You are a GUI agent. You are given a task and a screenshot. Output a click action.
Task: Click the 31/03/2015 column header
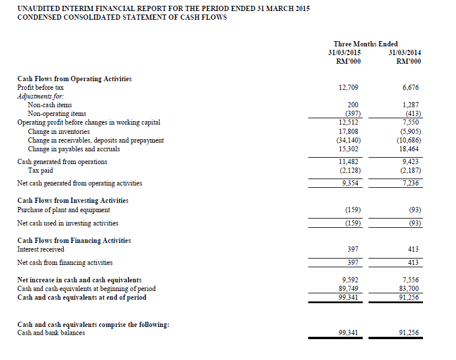pos(348,53)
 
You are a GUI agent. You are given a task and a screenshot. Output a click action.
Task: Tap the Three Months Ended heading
pos(366,44)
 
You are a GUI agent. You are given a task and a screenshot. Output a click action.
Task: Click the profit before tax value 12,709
pos(348,88)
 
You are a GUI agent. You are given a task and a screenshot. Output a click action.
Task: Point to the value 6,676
pos(410,88)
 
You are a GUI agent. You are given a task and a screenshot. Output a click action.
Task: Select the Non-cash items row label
pos(50,105)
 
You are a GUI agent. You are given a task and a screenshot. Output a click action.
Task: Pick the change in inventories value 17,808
pos(348,131)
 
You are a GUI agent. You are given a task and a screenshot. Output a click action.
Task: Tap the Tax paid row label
pos(40,170)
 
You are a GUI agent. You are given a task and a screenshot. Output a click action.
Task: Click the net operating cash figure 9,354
pos(349,183)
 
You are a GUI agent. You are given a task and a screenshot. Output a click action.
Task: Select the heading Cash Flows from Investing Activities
pos(73,201)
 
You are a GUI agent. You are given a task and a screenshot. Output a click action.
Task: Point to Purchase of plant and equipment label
pos(64,210)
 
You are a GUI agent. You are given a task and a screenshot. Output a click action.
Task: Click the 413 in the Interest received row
pos(413,249)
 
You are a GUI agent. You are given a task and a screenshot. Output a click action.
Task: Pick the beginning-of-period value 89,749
pos(348,289)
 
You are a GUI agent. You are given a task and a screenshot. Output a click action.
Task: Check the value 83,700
pos(409,289)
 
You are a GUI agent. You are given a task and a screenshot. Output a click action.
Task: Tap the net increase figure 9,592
pos(349,279)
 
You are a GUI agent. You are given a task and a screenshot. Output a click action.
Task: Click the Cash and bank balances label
pos(51,333)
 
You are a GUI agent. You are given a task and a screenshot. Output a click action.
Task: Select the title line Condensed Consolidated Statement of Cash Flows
pos(122,17)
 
